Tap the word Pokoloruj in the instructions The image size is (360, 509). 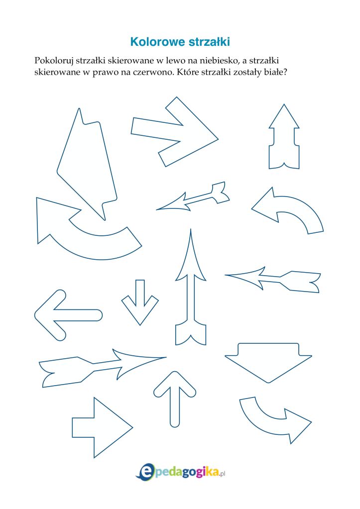click(x=53, y=61)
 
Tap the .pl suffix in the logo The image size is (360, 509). click(x=222, y=474)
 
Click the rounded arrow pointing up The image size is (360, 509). click(x=175, y=399)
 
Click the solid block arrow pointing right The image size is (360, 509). click(x=102, y=427)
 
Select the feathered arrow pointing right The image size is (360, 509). click(x=103, y=368)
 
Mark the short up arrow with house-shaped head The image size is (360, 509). click(x=284, y=136)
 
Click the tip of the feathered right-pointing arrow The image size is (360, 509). click(x=166, y=357)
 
